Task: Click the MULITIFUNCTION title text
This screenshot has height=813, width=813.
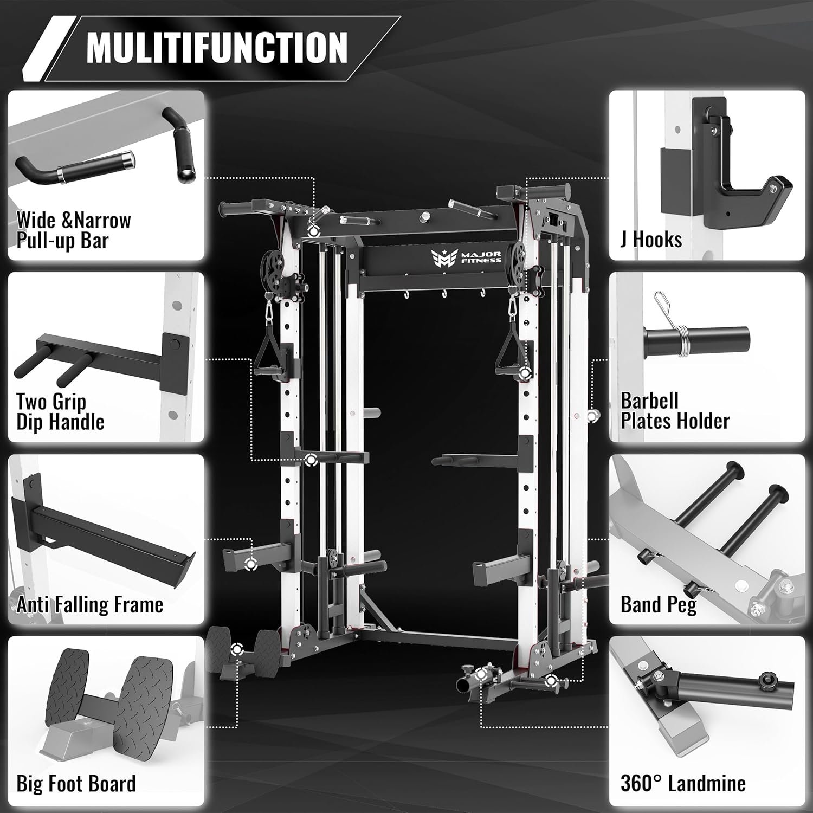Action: coord(217,47)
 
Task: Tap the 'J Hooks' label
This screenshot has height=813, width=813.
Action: coord(651,239)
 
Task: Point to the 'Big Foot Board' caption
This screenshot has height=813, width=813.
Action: coord(76,784)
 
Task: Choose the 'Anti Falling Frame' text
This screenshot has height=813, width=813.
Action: coord(89,604)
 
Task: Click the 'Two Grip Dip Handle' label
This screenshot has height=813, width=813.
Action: coord(60,411)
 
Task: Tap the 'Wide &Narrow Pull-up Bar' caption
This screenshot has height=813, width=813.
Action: coord(73,230)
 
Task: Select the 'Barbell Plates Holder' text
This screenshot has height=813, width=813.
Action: coord(675,411)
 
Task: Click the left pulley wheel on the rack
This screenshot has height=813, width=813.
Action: coord(273,267)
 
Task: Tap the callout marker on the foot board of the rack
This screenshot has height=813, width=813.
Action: coord(237,649)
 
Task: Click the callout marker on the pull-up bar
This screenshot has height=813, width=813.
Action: coord(313,231)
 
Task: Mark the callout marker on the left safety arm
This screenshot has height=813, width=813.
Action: coord(250,564)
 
